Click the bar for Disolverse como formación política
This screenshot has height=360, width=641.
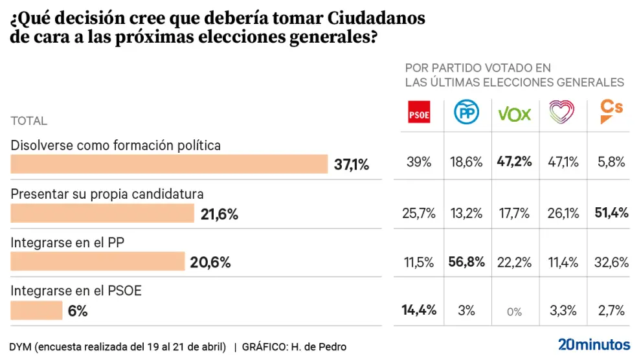[x=170, y=164]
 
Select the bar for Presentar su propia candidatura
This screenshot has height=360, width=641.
[x=102, y=214]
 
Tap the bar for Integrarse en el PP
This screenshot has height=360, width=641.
[x=98, y=262]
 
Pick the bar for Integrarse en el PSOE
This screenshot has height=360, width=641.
[x=36, y=311]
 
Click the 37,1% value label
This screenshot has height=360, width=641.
[x=352, y=165]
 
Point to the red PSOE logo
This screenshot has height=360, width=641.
[x=419, y=113]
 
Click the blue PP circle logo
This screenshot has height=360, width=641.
[x=466, y=113]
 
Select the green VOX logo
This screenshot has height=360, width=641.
[x=514, y=114]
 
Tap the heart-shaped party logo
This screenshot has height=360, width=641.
[x=561, y=113]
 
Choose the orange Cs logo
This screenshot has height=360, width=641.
[x=611, y=111]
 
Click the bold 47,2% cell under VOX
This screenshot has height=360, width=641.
[x=514, y=162]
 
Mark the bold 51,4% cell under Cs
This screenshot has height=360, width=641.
[x=611, y=212]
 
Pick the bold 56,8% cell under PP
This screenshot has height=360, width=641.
[x=466, y=262]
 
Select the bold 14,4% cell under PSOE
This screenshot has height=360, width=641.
[x=419, y=310]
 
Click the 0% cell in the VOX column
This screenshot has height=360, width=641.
[x=514, y=311]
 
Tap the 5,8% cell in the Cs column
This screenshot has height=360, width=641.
[x=611, y=163]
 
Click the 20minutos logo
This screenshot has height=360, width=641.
[x=594, y=344]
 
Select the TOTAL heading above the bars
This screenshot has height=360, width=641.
[x=29, y=121]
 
